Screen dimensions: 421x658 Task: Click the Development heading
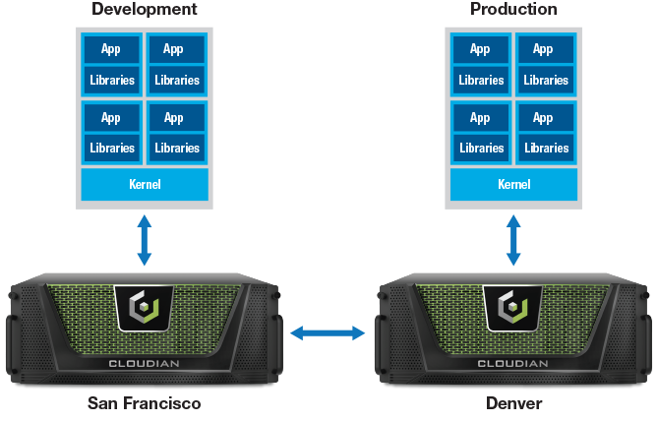[x=144, y=10]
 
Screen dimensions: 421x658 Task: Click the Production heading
[x=513, y=10]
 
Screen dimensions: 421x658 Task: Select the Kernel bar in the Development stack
[x=144, y=184]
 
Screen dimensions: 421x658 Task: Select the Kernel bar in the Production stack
[x=513, y=184]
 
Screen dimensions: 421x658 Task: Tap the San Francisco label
[x=144, y=403]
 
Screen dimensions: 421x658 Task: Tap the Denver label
[x=513, y=403]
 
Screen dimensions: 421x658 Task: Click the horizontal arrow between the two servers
[x=328, y=334]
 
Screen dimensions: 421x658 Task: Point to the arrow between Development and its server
[x=144, y=240]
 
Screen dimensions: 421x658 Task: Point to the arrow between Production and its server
[x=513, y=240]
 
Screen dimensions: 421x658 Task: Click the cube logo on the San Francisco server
[x=144, y=309]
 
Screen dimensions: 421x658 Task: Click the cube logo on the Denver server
[x=513, y=309]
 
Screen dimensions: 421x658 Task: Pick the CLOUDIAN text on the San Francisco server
[x=144, y=363]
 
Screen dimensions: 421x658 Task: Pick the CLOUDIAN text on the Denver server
[x=513, y=363]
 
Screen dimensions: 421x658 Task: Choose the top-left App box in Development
[x=111, y=49]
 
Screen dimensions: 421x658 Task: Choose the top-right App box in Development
[x=174, y=49]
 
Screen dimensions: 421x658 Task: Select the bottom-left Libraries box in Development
[x=111, y=148]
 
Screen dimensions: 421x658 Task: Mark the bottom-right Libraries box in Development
[x=176, y=148]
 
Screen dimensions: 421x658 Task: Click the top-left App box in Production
[x=480, y=49]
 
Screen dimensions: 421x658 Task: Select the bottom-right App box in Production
[x=544, y=118]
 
